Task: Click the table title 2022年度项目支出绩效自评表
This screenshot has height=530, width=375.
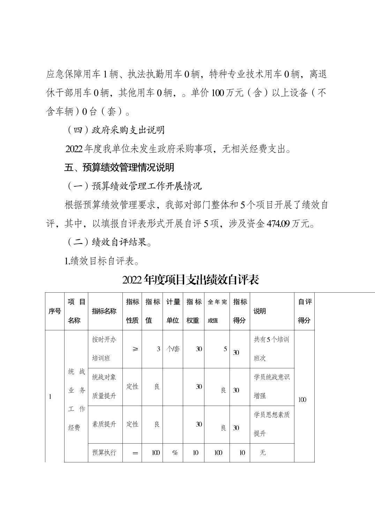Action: tap(190, 280)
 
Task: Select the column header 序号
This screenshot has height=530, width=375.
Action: tap(54, 311)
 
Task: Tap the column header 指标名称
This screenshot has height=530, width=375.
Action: tap(104, 311)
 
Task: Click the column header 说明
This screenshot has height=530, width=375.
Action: tap(260, 311)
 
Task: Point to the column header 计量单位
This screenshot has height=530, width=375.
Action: tap(173, 311)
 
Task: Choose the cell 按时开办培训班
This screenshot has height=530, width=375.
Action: tap(104, 349)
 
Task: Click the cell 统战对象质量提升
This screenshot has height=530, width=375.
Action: tap(104, 386)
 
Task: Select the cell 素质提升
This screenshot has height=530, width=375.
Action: tap(104, 424)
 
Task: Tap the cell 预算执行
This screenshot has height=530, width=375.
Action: tap(104, 453)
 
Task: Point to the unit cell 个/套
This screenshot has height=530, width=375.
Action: tap(173, 349)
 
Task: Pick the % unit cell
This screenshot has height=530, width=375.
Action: tap(175, 453)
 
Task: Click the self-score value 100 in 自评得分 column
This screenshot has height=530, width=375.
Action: tap(302, 400)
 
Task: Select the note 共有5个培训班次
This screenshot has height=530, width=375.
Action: tap(271, 349)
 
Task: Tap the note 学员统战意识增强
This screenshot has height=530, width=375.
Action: tap(271, 386)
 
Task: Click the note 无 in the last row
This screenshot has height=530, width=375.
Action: tap(263, 453)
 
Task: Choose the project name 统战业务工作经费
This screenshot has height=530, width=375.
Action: tap(76, 400)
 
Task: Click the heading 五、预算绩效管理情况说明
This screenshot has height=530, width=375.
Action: tap(119, 168)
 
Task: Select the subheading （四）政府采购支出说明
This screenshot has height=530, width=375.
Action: tap(115, 130)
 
